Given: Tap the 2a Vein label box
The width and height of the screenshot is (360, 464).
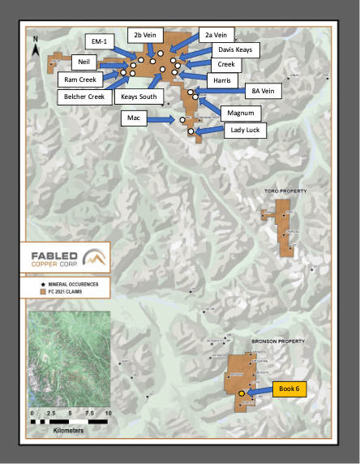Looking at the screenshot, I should point(216,34).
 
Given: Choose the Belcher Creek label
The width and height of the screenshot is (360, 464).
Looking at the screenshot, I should point(85,97).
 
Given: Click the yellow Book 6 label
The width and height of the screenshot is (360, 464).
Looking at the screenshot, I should point(291,389).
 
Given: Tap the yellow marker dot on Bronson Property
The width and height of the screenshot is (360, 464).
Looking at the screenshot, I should point(241,394).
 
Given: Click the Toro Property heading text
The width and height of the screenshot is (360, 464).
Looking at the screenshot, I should point(285,191).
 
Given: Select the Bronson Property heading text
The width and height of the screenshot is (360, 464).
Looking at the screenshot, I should point(280,342).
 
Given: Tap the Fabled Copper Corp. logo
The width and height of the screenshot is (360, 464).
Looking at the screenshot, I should point(69,259).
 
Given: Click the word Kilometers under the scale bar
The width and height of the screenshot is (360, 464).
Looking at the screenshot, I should point(67,431).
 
